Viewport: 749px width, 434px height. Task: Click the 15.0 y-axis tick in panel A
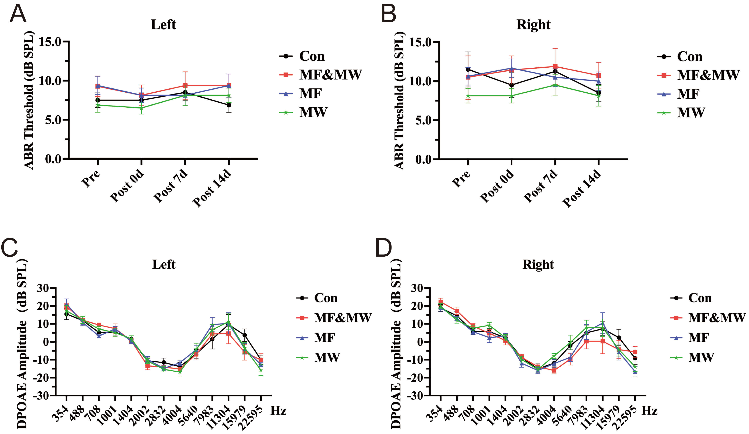(50, 42)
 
